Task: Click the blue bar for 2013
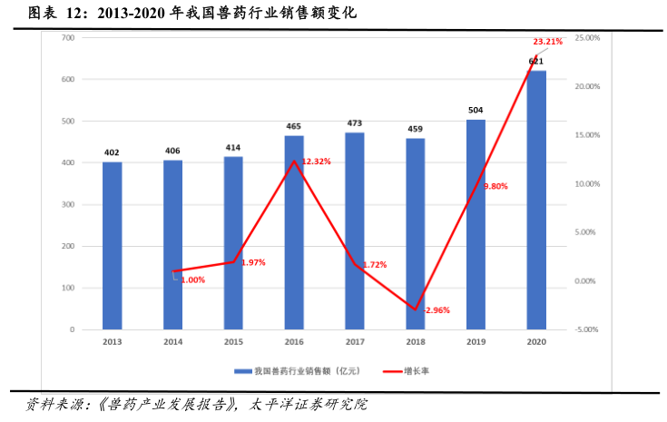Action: point(112,245)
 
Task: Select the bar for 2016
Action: point(294,232)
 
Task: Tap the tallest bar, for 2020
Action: point(536,200)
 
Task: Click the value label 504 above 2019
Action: point(476,110)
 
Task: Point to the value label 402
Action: point(112,152)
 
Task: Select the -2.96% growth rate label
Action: point(436,310)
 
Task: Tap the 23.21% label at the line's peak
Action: point(547,42)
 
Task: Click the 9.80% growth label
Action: point(495,186)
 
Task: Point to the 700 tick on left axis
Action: point(68,37)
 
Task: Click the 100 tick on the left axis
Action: point(68,288)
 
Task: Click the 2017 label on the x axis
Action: point(355,342)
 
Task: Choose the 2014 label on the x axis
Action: point(172,342)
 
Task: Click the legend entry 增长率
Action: point(408,371)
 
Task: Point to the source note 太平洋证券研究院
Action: point(309,405)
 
